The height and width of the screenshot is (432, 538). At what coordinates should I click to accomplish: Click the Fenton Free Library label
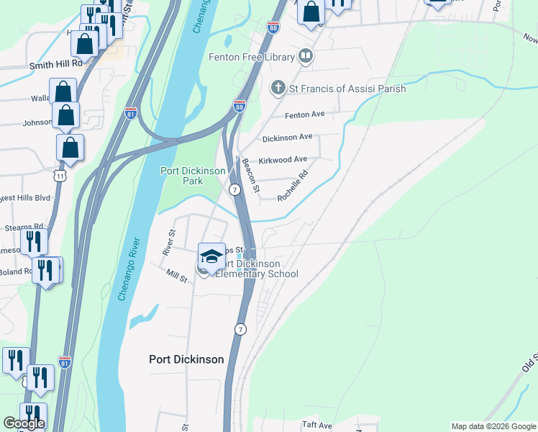252,57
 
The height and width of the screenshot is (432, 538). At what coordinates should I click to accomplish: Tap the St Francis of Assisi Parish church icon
278,89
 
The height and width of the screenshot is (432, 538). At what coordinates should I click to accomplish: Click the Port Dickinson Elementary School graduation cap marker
211,256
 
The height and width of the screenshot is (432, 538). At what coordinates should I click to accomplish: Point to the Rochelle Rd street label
293,185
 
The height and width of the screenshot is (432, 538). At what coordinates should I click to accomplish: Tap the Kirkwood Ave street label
283,159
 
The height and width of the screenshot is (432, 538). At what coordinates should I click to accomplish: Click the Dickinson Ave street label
287,137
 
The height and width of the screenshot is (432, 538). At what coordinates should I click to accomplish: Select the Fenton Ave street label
305,114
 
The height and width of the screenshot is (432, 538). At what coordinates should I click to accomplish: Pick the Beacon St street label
250,175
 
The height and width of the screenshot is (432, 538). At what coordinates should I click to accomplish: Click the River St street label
169,243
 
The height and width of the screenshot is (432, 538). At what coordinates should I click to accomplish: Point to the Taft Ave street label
317,426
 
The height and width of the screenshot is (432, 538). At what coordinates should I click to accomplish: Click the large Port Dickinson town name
186,359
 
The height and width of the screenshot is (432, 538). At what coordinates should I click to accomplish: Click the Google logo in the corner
24,423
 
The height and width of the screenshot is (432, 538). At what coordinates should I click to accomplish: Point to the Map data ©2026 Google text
493,426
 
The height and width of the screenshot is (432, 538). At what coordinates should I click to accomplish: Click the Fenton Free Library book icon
306,56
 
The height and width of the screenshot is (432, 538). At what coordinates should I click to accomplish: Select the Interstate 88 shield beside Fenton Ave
240,107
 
